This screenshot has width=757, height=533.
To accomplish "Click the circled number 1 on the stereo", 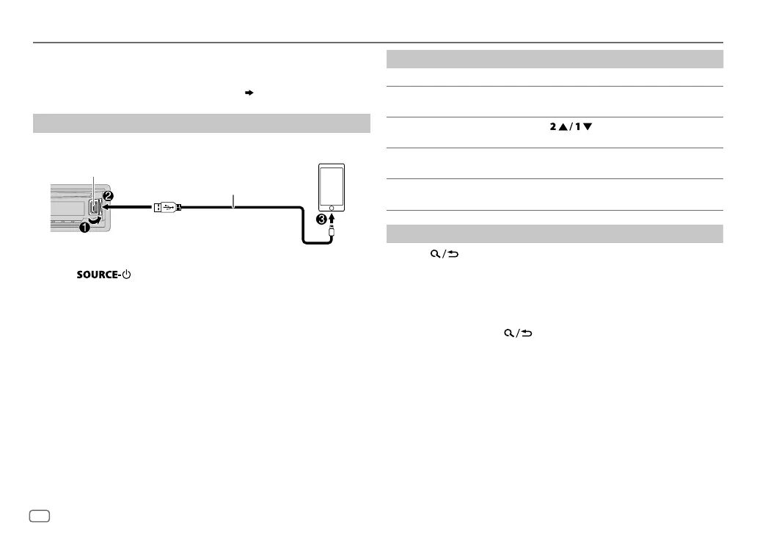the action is (84, 228).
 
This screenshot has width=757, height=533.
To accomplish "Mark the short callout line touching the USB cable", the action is (233, 201).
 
